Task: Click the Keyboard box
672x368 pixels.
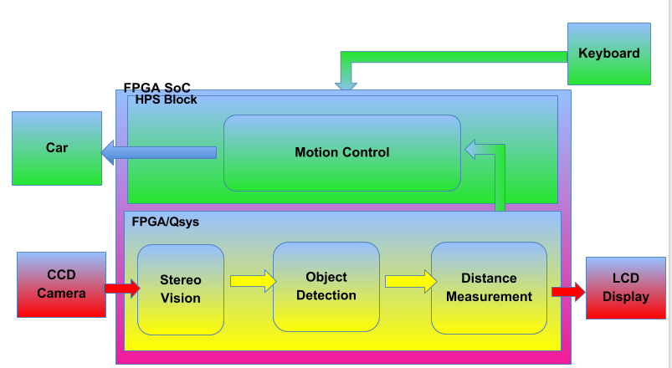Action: [608, 54]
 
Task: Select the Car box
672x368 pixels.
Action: [57, 148]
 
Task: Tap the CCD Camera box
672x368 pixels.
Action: [61, 284]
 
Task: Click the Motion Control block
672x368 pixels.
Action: [341, 152]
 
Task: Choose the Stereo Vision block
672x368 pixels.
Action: [181, 289]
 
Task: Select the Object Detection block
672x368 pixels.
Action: [326, 286]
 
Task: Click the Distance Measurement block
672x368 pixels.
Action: [489, 288]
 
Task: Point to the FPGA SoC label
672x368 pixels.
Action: [156, 87]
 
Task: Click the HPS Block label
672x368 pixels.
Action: [166, 100]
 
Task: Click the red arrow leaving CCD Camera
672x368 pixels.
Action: [121, 289]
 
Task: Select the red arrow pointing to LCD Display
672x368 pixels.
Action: [568, 291]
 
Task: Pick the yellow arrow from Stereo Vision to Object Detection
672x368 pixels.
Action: [252, 280]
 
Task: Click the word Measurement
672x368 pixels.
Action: [489, 297]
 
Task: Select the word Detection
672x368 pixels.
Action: [326, 295]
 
